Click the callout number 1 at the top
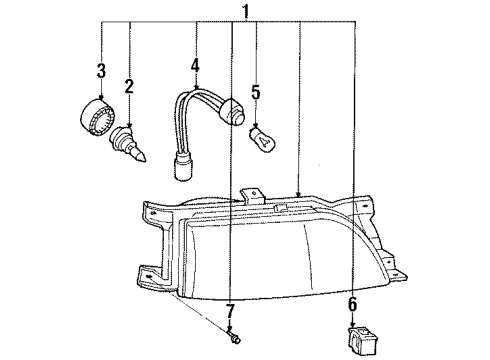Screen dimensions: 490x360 246,11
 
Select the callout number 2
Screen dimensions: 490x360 129,87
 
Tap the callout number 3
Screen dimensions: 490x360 101,70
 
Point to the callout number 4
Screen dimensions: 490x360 195,65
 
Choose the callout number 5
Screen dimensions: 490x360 256,92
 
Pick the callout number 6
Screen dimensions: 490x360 353,304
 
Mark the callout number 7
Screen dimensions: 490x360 230,311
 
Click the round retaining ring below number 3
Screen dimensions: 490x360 97,117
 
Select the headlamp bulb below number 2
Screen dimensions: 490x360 128,145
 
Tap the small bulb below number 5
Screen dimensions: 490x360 262,138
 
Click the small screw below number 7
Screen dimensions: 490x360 234,338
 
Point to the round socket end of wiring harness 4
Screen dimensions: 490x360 235,112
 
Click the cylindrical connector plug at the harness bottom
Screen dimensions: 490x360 183,167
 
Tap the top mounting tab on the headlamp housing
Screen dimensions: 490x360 252,196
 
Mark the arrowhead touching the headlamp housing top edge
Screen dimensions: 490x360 299,193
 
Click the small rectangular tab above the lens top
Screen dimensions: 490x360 281,207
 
